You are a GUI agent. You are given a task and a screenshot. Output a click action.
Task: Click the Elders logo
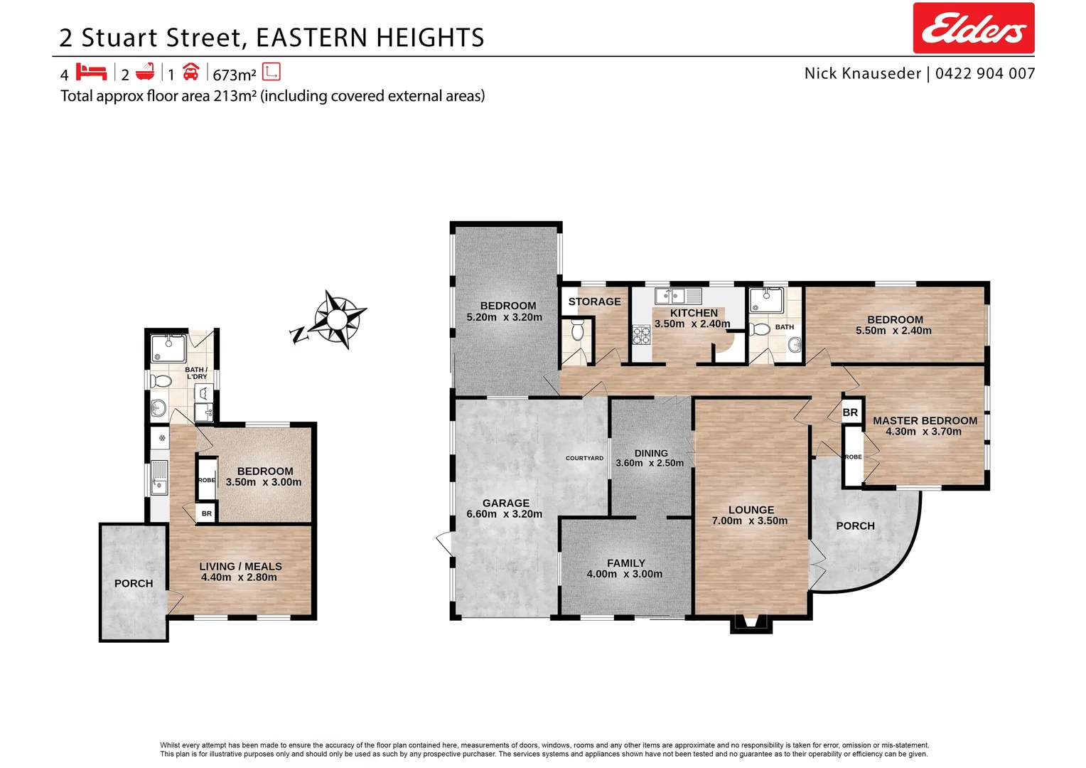point(973,28)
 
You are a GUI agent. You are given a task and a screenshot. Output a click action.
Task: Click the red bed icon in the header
point(91,73)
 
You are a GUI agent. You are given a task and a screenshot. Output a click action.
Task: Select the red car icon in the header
point(190,73)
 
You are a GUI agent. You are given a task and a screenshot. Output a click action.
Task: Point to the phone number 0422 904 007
point(985,73)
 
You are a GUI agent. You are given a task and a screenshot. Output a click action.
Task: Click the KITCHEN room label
point(694,313)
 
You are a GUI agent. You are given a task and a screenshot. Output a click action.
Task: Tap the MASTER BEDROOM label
point(925,420)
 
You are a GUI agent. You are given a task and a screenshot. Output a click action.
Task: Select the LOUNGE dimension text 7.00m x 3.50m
point(750,521)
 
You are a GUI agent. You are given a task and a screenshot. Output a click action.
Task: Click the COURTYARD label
point(584,458)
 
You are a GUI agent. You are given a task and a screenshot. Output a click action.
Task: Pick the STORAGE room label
point(594,302)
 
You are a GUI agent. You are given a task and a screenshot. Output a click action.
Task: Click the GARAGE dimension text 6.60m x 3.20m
point(504,514)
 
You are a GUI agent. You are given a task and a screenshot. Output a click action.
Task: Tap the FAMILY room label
point(625,562)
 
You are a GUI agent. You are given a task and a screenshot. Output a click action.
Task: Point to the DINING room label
point(651,453)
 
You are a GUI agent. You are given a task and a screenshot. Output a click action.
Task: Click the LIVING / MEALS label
point(240,566)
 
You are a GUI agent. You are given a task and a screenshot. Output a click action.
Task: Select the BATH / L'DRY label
point(196,373)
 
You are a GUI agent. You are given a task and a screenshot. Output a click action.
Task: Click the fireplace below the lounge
point(751,624)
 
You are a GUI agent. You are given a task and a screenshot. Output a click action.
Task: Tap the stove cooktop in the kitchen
point(642,334)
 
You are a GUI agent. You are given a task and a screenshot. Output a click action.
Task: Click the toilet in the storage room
point(576,329)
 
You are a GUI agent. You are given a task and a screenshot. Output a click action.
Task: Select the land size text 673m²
point(234,75)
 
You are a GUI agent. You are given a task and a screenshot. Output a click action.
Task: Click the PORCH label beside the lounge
point(855,526)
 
